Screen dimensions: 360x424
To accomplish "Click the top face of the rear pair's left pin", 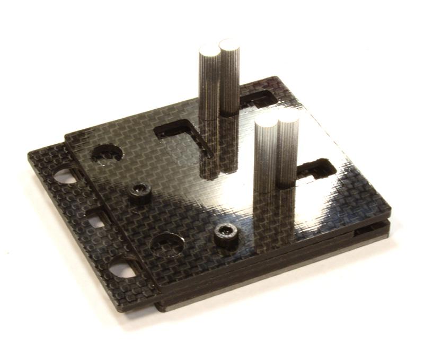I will point(208,51).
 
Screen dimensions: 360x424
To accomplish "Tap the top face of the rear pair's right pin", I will point(229,45).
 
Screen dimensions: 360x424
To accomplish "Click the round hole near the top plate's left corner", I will point(107,153).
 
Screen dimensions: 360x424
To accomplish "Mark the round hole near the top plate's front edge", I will point(167,244).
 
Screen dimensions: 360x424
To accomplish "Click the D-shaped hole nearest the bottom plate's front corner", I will point(121,269).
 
